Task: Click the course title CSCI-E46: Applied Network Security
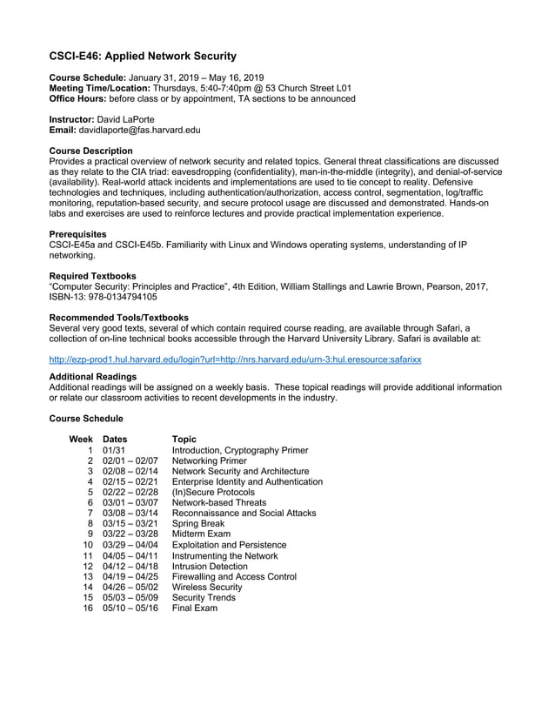pyautogui.click(x=143, y=57)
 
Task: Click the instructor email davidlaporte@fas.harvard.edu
pyautogui.click(x=141, y=130)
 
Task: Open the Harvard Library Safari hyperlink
pyautogui.click(x=235, y=359)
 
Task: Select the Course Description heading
pyautogui.click(x=91, y=151)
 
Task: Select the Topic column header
pyautogui.click(x=184, y=439)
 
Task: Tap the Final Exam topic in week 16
pyautogui.click(x=195, y=608)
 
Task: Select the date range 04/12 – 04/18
pyautogui.click(x=130, y=565)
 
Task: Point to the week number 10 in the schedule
pyautogui.click(x=87, y=543)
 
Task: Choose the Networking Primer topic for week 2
pyautogui.click(x=210, y=460)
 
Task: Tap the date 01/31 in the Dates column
pyautogui.click(x=114, y=450)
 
